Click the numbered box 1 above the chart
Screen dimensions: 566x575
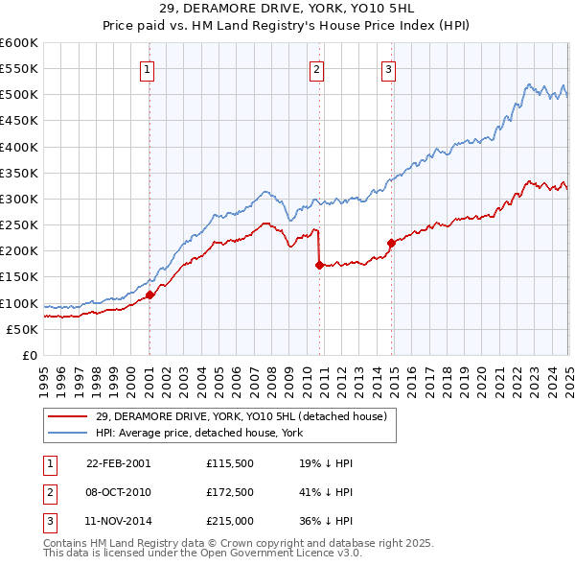point(149,68)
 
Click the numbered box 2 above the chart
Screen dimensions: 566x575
point(316,68)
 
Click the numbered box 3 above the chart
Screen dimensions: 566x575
point(388,68)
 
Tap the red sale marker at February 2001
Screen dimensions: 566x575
point(150,295)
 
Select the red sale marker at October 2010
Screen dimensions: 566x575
point(319,266)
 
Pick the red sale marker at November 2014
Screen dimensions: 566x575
point(391,243)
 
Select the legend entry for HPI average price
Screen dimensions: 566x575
point(198,433)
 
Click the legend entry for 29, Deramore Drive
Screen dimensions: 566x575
point(241,416)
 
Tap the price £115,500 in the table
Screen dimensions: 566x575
point(228,462)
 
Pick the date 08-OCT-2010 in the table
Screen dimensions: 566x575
point(119,493)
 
